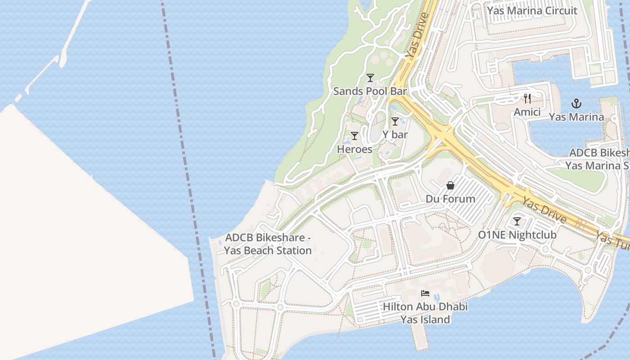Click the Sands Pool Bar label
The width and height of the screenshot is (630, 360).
coord(369,91)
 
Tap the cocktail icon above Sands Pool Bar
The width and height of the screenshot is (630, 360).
coord(370,78)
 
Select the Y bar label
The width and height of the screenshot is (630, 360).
coord(395,135)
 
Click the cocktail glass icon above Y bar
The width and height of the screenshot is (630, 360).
coord(395,121)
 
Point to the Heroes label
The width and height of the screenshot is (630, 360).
coord(355,149)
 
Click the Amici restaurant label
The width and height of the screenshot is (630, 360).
coord(527,112)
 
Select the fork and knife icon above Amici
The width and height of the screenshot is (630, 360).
coord(527,99)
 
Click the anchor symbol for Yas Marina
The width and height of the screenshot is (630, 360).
coord(576,104)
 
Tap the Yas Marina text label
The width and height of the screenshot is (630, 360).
coord(576,117)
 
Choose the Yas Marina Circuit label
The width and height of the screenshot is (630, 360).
coord(532,11)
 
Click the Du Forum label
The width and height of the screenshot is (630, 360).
coord(450,199)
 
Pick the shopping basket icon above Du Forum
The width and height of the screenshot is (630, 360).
coord(450,185)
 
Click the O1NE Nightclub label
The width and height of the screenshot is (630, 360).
coord(517,235)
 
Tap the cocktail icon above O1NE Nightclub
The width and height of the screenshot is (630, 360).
coord(517,221)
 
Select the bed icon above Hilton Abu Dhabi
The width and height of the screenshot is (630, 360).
coord(425,293)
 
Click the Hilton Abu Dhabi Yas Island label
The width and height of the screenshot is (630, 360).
coord(425,313)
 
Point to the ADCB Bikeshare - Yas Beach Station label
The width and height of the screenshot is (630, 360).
coord(268,244)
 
